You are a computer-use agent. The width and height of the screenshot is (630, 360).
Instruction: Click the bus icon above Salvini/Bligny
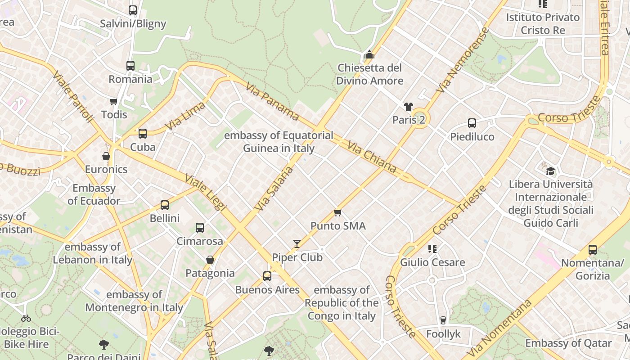pyautogui.click(x=133, y=10)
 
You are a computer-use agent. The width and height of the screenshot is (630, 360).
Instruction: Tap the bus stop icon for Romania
pyautogui.click(x=130, y=66)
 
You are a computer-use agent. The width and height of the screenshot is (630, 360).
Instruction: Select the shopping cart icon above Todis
pyautogui.click(x=113, y=101)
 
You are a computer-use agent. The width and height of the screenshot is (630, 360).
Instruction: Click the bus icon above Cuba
pyautogui.click(x=143, y=134)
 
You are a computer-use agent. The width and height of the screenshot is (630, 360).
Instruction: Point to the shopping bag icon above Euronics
pyautogui.click(x=106, y=156)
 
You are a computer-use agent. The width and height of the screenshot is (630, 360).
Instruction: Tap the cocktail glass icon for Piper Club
pyautogui.click(x=297, y=244)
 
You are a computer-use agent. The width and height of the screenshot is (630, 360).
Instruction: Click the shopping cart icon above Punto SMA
pyautogui.click(x=338, y=212)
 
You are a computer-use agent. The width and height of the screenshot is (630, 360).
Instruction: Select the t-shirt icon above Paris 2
pyautogui.click(x=408, y=107)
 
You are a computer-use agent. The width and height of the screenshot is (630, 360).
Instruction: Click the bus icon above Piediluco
pyautogui.click(x=472, y=123)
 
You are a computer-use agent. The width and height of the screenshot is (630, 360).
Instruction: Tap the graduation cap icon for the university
pyautogui.click(x=550, y=171)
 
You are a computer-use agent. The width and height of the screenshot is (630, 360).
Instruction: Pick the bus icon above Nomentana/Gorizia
pyautogui.click(x=593, y=250)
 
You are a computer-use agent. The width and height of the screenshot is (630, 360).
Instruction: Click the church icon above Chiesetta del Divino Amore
pyautogui.click(x=369, y=55)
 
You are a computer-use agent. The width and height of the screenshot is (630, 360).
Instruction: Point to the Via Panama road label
pyautogui.click(x=272, y=101)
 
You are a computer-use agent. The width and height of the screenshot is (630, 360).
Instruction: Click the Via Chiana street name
pyautogui.click(x=372, y=157)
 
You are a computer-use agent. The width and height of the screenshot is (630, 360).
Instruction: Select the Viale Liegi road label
pyautogui.click(x=205, y=192)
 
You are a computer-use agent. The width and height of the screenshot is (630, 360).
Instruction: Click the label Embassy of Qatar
pyautogui.click(x=568, y=343)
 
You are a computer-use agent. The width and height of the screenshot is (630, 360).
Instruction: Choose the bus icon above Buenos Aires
pyautogui.click(x=267, y=276)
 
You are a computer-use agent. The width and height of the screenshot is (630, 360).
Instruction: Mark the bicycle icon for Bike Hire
pyautogui.click(x=26, y=318)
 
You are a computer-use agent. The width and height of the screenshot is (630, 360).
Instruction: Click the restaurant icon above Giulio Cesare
pyautogui.click(x=432, y=248)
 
